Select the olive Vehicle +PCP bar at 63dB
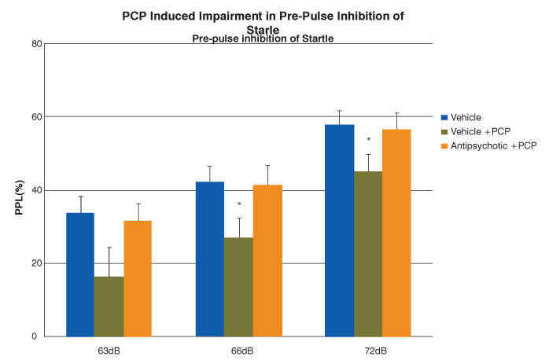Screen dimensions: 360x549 coord(109,307)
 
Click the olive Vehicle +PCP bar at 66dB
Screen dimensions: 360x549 coord(238,287)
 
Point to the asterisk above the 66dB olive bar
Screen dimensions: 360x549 coord(238,204)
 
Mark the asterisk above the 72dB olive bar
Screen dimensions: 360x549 coord(368,141)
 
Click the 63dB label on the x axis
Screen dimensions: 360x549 coord(109,349)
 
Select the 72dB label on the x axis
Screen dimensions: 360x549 coord(368,349)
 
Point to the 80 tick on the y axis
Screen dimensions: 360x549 coord(36,43)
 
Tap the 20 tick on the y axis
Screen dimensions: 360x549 coord(36,263)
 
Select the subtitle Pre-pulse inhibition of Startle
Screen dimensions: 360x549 coord(263,38)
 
